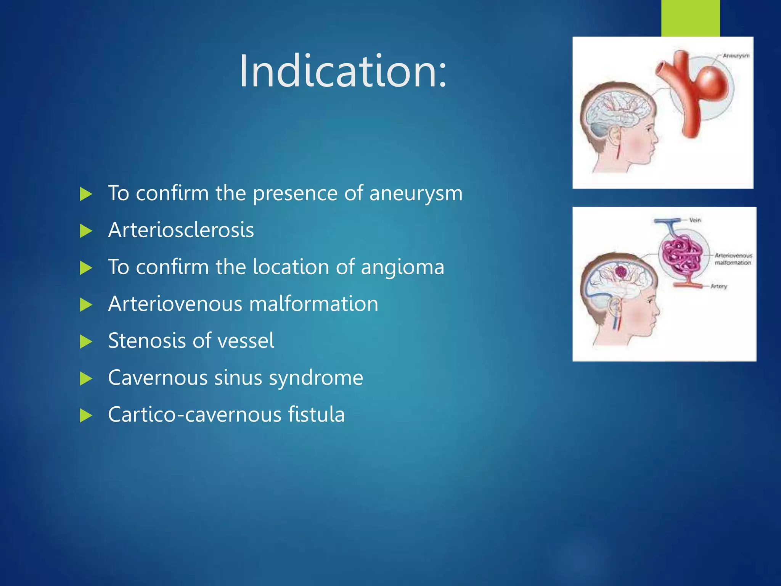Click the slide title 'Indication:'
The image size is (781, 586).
[342, 71]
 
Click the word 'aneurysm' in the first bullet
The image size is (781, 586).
[416, 193]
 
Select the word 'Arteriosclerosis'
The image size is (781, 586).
[181, 230]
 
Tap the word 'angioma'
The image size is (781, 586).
[402, 267]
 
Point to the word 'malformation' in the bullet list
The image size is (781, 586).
[313, 304]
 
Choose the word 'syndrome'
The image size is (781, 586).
[316, 378]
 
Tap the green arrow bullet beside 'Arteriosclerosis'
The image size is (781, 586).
[86, 231]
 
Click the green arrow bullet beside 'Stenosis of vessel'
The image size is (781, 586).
[86, 341]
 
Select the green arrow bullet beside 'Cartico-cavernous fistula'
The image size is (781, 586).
[86, 415]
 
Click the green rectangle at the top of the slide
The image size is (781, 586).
[690, 18]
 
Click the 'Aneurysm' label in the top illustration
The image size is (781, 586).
[736, 56]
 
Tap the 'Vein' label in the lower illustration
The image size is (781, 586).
[695, 220]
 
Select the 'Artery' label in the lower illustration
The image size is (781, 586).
[719, 286]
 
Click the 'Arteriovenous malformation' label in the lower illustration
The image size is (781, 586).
[733, 259]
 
